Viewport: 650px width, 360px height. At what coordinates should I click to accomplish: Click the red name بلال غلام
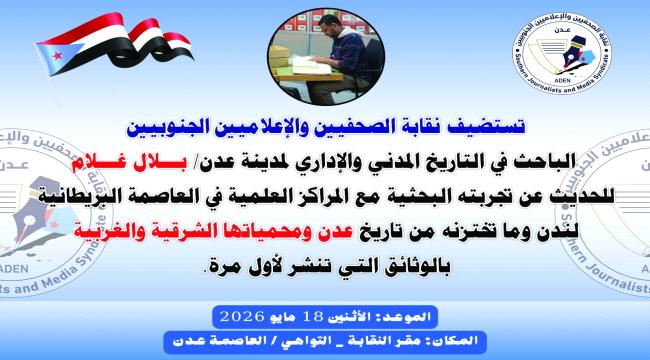(129, 164)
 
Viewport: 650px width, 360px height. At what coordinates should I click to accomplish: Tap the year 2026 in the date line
(242, 316)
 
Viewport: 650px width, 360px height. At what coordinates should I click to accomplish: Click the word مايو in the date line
(283, 317)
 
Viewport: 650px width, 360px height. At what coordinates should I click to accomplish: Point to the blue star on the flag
(57, 54)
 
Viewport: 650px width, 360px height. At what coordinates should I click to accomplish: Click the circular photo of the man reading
(326, 57)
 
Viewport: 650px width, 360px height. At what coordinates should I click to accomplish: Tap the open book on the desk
(312, 66)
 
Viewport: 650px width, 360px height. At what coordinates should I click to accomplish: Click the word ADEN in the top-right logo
(562, 80)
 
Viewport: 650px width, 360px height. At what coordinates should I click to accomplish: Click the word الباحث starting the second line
(547, 163)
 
